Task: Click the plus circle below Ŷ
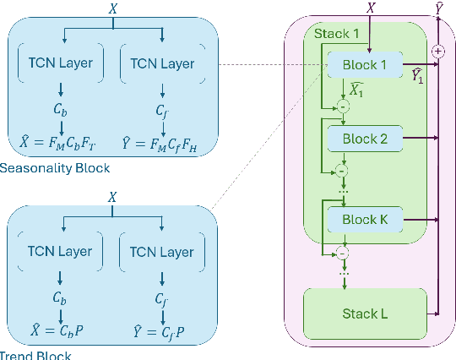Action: coord(437,52)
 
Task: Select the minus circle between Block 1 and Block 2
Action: coord(343,105)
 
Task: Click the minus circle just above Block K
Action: coord(343,171)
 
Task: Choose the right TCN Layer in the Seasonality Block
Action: coord(162,63)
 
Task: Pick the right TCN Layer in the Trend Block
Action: coord(162,252)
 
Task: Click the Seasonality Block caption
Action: coord(56,168)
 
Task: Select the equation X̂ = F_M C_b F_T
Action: coord(59,140)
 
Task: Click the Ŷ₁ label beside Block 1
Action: coord(417,77)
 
